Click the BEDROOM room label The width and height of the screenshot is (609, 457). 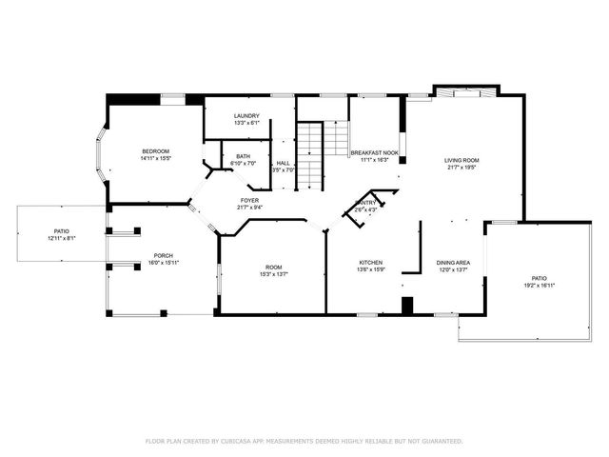(155, 151)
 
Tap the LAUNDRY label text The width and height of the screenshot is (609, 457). (246, 116)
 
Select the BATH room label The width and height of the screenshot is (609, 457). (244, 156)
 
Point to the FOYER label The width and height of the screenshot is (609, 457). (249, 200)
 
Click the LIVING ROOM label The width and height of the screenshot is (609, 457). (462, 160)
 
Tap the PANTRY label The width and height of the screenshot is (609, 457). (365, 203)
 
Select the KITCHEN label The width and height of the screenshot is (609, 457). (370, 262)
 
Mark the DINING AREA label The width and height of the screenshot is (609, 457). (453, 262)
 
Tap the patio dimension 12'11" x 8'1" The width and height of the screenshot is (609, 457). (61, 238)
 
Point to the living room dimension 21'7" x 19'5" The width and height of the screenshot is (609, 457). (462, 168)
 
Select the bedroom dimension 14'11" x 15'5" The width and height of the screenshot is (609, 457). (155, 159)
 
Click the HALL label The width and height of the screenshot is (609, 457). (283, 163)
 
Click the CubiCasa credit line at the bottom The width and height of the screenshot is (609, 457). (304, 441)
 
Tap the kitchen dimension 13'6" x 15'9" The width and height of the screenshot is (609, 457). (370, 269)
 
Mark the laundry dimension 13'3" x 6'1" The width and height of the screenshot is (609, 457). (246, 124)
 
